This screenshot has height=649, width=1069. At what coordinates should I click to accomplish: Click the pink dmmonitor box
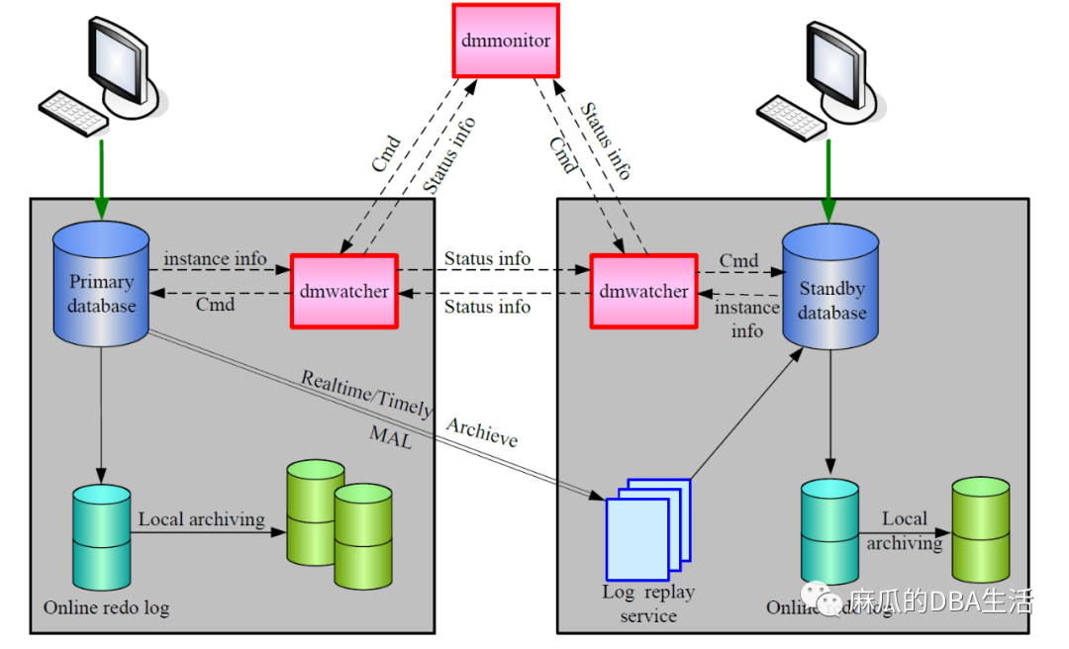click(x=506, y=41)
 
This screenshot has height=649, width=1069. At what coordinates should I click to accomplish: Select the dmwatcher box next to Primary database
click(x=343, y=291)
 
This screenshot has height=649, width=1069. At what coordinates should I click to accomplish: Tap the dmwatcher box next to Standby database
click(x=643, y=291)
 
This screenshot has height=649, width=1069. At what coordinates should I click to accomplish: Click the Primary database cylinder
click(x=101, y=285)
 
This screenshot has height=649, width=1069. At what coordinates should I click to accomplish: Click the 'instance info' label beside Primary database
click(x=215, y=259)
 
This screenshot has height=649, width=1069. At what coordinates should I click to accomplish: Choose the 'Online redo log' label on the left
click(x=106, y=607)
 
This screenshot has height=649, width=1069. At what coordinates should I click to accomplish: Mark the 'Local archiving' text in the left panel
click(x=201, y=519)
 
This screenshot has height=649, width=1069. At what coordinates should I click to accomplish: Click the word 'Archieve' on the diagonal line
click(x=481, y=433)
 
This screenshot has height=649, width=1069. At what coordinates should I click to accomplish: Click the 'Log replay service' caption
click(x=648, y=603)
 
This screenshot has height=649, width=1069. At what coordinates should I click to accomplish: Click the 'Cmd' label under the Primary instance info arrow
click(x=215, y=305)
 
